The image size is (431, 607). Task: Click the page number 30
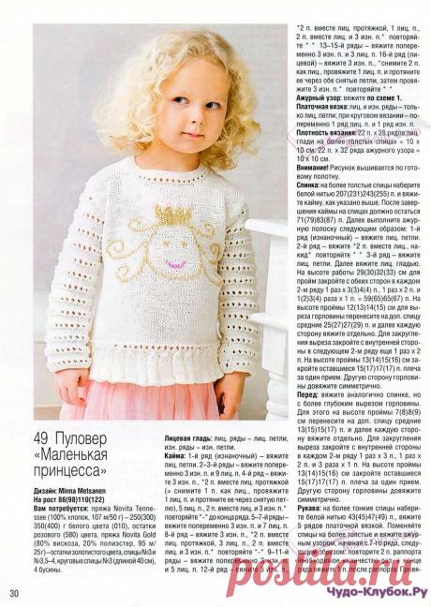[14, 593]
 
